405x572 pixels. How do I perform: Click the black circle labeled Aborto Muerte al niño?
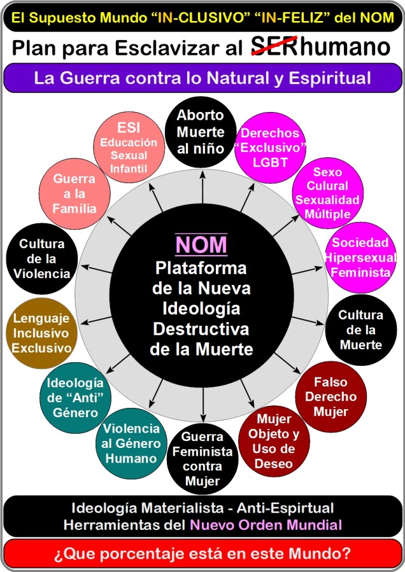click(201, 132)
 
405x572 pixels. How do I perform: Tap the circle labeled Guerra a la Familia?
click(75, 193)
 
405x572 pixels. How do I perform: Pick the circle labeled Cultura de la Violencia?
click(42, 258)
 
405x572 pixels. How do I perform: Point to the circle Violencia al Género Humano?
click(131, 442)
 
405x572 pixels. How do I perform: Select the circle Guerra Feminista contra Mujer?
click(202, 458)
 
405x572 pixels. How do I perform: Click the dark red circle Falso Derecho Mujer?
click(331, 395)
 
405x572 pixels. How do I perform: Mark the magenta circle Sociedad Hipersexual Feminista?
click(360, 257)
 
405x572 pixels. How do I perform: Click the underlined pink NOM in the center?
click(201, 245)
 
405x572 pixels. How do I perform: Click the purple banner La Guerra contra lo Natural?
click(202, 79)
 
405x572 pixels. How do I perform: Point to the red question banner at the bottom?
click(202, 554)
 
